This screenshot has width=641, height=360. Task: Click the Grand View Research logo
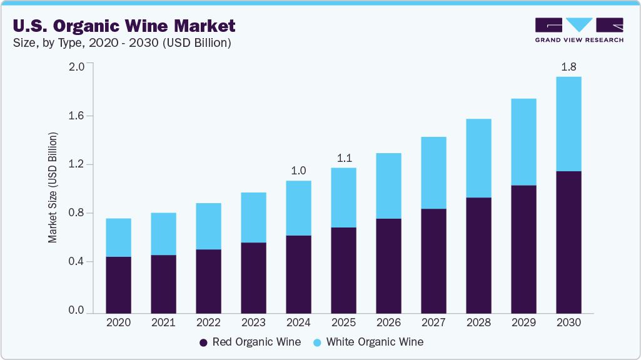pos(579,29)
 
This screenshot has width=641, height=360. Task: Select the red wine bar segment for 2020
pos(118,284)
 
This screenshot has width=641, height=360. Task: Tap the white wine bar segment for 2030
pos(568,124)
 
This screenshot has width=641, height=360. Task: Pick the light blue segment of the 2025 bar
pos(343,197)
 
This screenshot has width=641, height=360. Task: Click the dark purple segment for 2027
pos(433,261)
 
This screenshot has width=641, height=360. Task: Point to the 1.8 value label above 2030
pos(568,67)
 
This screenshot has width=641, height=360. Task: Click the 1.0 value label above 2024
pos(298,171)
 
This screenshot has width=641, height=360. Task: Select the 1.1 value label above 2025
pos(343,157)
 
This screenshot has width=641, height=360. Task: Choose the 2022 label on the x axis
pos(208,323)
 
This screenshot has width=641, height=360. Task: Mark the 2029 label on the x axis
pos(523,323)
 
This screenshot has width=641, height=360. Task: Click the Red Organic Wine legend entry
pos(250,342)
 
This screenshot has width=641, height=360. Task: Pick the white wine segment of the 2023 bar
pos(253,217)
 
